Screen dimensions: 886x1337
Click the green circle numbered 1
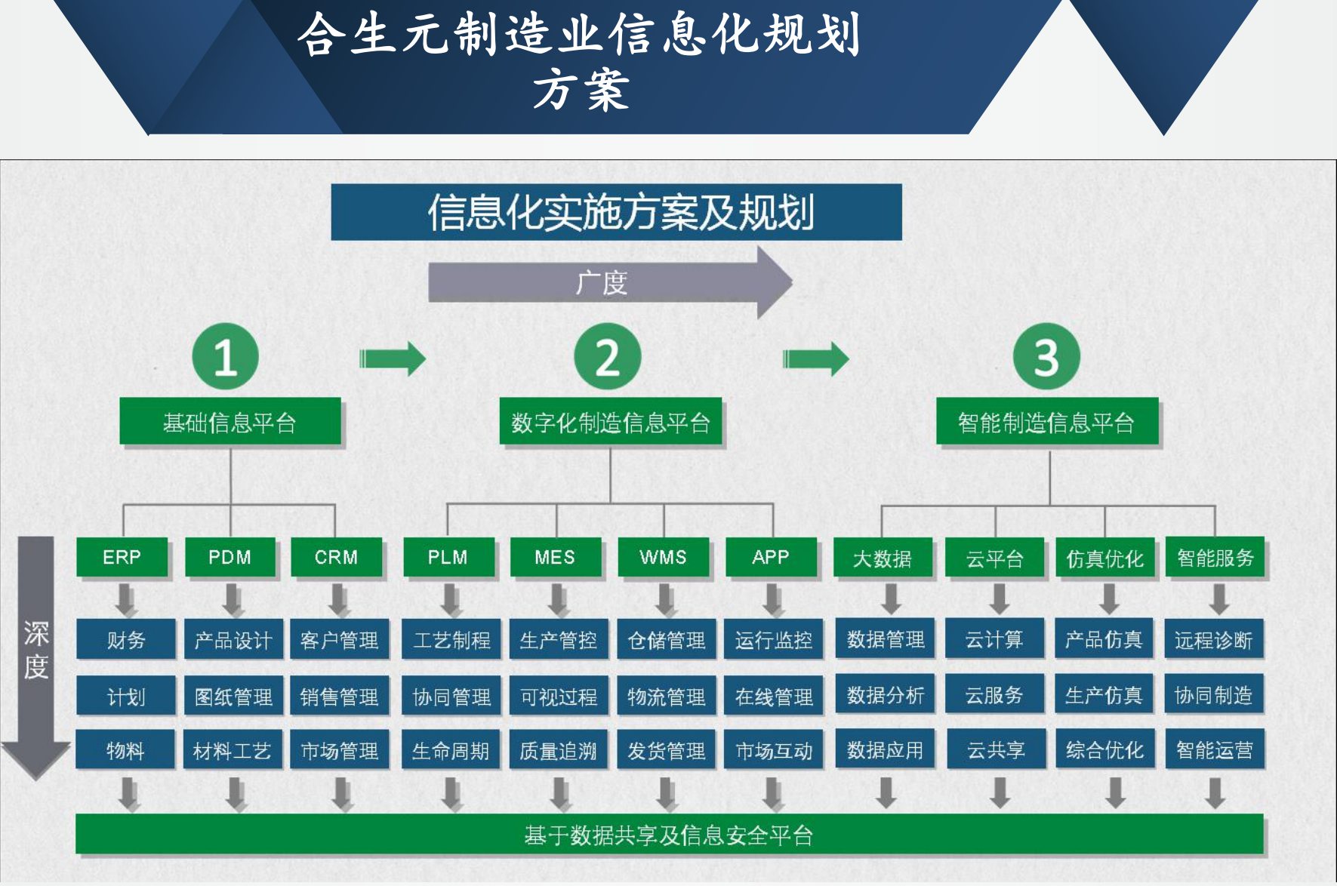pos(225,356)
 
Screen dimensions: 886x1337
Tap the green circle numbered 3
pos(1046,356)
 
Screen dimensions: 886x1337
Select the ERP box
pos(122,557)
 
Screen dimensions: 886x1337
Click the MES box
pos(555,557)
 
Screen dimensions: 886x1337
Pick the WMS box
pos(663,557)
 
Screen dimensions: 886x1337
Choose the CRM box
pos(336,557)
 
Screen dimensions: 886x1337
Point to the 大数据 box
pos(882,558)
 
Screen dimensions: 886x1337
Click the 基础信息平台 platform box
pos(230,422)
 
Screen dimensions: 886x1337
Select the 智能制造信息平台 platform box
pos(1046,422)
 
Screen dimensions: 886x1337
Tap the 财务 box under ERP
pos(125,640)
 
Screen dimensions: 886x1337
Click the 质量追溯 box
pos(558,750)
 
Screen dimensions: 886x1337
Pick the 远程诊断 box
pos(1213,640)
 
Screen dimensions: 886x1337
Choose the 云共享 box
pos(996,749)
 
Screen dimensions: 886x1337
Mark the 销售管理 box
pos(339,696)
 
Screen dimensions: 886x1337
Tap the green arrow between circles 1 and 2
pos(393,358)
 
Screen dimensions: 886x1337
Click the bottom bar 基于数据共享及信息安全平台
pos(669,835)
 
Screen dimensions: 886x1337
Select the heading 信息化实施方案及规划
pos(616,212)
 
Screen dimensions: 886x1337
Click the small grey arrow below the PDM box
pos(233,600)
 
